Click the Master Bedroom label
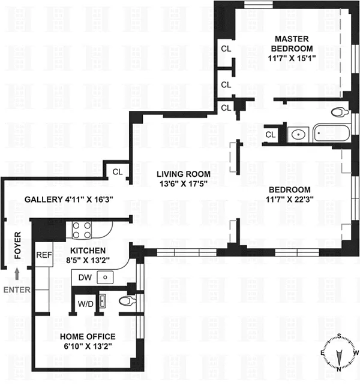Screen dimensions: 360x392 (x=292, y=44)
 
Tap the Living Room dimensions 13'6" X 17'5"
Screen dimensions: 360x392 (x=184, y=184)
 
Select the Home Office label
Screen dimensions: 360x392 (x=88, y=336)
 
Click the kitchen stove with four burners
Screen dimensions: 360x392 (x=82, y=230)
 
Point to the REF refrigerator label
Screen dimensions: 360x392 (x=44, y=255)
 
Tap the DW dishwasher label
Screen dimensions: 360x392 (x=85, y=278)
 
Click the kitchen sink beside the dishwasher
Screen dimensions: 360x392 (x=106, y=278)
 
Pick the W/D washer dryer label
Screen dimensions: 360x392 (x=86, y=304)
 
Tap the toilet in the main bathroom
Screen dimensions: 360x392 (x=340, y=112)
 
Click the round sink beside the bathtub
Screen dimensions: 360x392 (x=298, y=134)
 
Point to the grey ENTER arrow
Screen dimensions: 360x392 (x=17, y=274)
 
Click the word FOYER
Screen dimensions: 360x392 (x=17, y=245)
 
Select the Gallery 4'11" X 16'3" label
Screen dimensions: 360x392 (x=69, y=200)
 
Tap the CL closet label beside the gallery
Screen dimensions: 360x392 (x=118, y=172)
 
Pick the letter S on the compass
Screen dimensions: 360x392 (x=340, y=336)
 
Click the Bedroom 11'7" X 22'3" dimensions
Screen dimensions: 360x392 (x=290, y=200)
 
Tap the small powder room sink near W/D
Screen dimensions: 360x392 (x=103, y=300)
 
